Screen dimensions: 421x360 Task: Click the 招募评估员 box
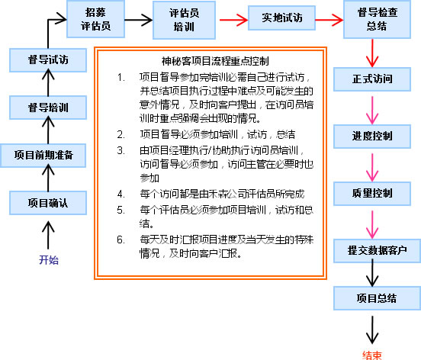pos(95,19)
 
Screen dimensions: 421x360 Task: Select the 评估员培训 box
pos(185,20)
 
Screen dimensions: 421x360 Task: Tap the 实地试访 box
pos(281,18)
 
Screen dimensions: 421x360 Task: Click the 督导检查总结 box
pos(377,19)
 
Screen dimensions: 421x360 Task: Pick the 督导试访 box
pos(48,60)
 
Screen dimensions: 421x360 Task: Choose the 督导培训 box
pos(48,108)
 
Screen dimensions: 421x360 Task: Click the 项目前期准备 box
pos(43,156)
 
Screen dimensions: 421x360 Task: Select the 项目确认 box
pos(48,203)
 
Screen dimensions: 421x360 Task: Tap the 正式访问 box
pos(372,79)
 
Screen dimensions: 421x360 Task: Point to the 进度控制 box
pos(372,137)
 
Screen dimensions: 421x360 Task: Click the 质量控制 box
pos(372,194)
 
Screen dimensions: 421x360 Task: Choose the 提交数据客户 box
pos(377,251)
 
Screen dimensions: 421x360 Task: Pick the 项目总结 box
pos(377,298)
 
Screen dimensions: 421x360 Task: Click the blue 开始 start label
pos(49,260)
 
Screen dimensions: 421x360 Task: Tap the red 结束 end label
pos(372,355)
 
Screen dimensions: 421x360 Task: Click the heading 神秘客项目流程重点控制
pos(215,61)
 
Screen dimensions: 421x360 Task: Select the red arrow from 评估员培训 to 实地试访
pos(233,20)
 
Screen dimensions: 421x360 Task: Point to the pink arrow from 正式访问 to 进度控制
pos(372,110)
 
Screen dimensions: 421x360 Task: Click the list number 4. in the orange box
pos(121,194)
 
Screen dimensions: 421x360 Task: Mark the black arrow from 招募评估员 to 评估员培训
pos(139,20)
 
